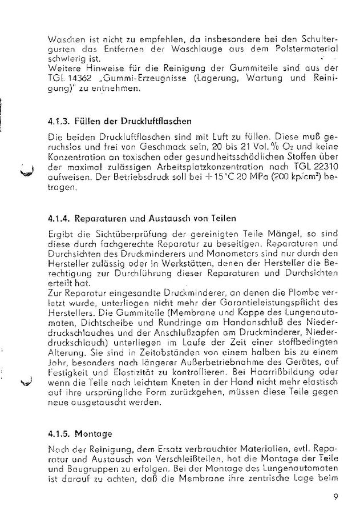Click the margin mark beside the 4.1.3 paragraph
(x=24, y=171)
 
